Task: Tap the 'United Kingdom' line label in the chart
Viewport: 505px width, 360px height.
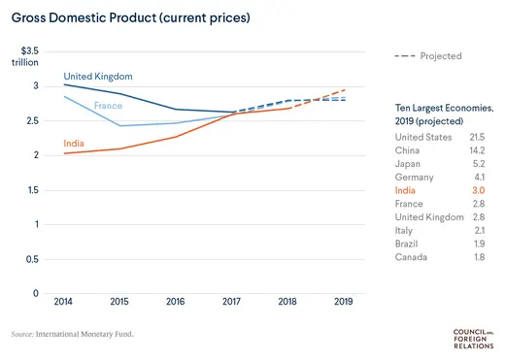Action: point(98,76)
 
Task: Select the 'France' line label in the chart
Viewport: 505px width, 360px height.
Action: point(108,105)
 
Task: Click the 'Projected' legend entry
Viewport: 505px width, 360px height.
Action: point(428,56)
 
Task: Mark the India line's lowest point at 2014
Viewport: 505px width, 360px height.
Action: point(64,153)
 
